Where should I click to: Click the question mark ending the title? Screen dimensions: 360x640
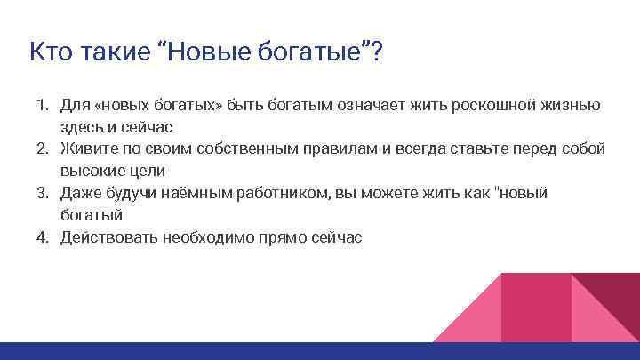[x=378, y=51]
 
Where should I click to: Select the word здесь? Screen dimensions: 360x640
[x=81, y=127]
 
